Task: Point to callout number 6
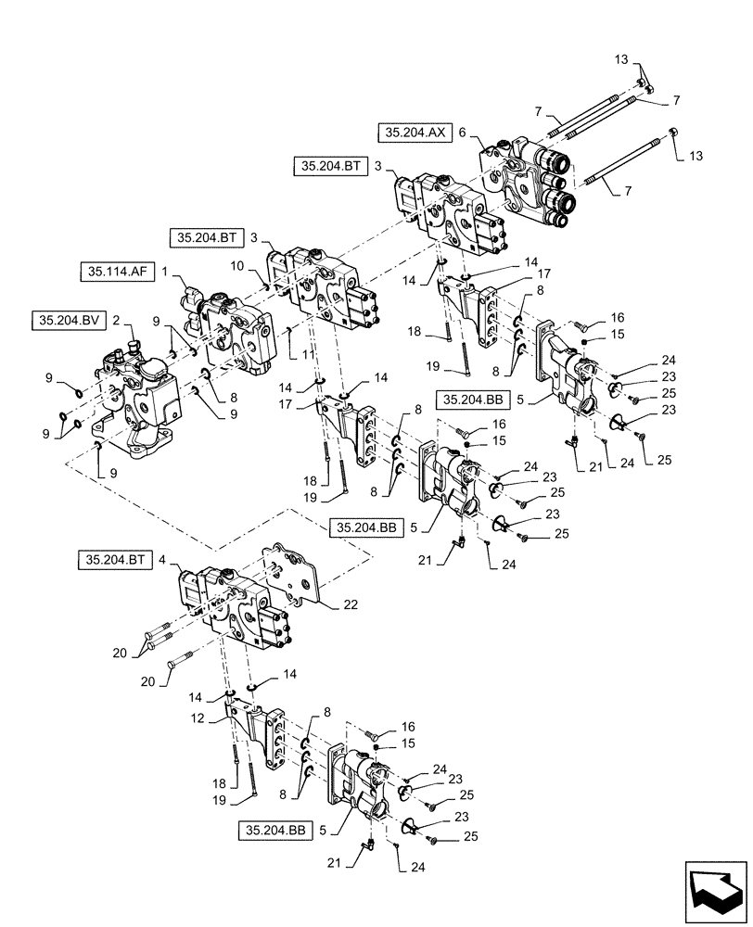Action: [x=461, y=133]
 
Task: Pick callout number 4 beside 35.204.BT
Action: [x=163, y=560]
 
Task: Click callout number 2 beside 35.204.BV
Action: [x=116, y=318]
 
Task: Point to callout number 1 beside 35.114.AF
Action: [x=165, y=273]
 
